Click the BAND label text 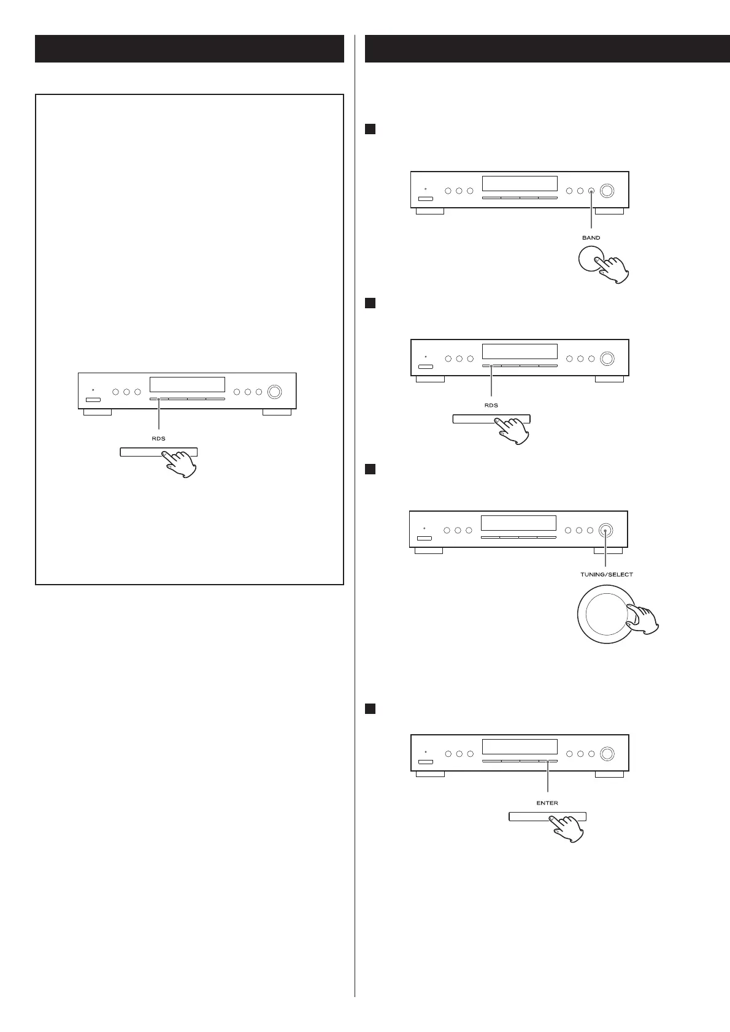[x=591, y=238]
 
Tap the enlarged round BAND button [x=589, y=261]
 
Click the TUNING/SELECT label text [x=606, y=574]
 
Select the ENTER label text [x=547, y=803]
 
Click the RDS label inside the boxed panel [x=158, y=438]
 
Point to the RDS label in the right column [x=491, y=405]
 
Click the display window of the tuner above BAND [x=520, y=184]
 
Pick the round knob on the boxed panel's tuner [x=274, y=392]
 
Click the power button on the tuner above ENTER [x=425, y=762]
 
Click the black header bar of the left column [x=189, y=49]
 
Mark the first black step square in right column [x=370, y=129]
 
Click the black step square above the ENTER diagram [x=370, y=708]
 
